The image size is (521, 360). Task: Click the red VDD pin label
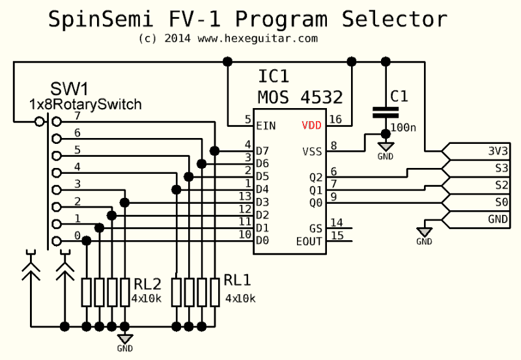(x=311, y=125)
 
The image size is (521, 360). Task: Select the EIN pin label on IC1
(x=266, y=125)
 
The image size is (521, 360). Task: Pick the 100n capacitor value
(x=404, y=127)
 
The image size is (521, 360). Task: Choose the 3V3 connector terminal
(x=498, y=151)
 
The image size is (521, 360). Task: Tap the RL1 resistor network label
(x=238, y=280)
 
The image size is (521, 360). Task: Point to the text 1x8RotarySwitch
(x=85, y=104)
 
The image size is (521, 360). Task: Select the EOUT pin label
(x=309, y=241)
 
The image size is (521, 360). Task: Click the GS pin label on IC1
(x=315, y=228)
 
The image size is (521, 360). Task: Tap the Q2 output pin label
(x=315, y=177)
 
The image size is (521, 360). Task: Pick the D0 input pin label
(x=262, y=241)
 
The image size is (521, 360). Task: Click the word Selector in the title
(x=397, y=19)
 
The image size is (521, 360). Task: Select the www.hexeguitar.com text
(x=257, y=38)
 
